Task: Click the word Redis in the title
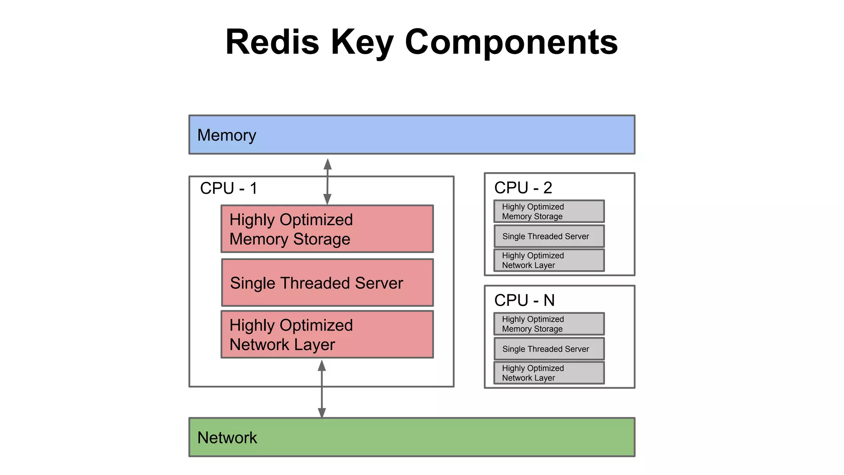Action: click(272, 42)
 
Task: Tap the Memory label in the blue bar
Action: click(227, 135)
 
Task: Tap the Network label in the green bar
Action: click(227, 437)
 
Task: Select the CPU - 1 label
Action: click(229, 188)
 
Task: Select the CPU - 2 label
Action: click(523, 188)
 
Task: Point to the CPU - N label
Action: click(524, 301)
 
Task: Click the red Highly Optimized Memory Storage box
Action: click(327, 229)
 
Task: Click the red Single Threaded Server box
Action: click(327, 283)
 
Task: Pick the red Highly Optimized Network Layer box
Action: click(327, 334)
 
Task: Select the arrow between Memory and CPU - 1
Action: click(328, 181)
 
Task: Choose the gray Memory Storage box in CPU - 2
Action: click(549, 212)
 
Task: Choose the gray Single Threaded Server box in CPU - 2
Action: click(549, 236)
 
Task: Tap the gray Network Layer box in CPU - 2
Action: click(549, 260)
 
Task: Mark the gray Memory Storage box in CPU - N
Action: click(549, 324)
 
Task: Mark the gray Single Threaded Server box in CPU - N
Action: click(549, 349)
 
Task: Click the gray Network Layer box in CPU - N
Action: click(549, 373)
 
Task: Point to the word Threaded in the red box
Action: click(314, 283)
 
